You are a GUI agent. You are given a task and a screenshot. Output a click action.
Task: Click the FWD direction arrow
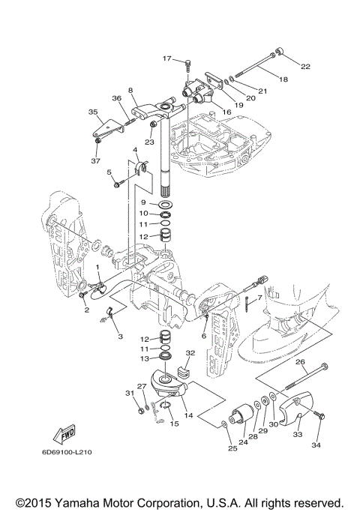point(64,434)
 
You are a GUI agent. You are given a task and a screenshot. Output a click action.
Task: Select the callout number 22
point(305,66)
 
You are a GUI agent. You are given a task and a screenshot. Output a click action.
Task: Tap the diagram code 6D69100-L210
point(67,452)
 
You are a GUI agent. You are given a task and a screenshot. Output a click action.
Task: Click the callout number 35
point(93,112)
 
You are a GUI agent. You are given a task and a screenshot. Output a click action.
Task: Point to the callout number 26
point(300,361)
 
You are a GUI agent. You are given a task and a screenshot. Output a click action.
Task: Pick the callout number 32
point(190,352)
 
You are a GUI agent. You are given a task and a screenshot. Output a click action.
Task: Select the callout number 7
point(259,298)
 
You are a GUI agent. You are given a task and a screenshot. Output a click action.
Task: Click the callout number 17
point(167,58)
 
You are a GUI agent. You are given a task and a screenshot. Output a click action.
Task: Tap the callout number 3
point(120,337)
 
